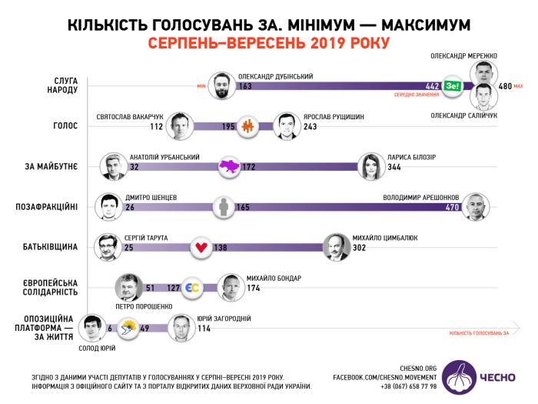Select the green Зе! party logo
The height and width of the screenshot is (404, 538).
[x=453, y=87]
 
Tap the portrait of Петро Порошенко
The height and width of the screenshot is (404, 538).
[x=128, y=288]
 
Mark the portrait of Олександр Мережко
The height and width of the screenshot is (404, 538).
[x=482, y=75]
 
